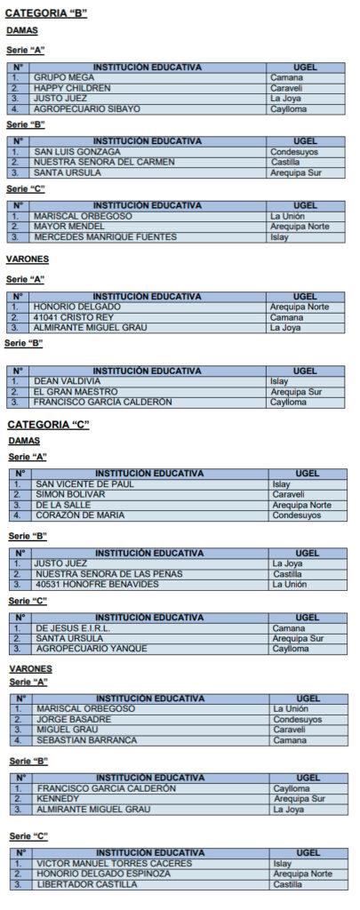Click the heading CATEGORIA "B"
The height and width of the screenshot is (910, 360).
46,13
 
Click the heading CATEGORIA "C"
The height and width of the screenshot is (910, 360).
48,425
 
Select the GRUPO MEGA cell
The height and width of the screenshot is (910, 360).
64,78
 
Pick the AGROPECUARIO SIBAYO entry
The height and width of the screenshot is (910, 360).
87,109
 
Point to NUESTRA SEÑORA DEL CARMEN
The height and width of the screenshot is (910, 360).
98,163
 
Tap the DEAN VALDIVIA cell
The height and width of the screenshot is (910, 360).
68,381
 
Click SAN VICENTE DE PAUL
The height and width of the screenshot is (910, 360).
85,484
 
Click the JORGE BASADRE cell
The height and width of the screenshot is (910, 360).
75,720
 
